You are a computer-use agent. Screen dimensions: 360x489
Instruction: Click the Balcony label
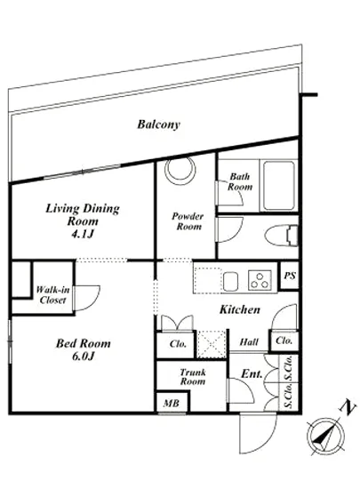pyautogui.click(x=158, y=124)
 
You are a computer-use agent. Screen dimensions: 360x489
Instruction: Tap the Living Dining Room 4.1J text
pyautogui.click(x=83, y=220)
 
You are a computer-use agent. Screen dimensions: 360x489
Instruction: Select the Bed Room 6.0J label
pyautogui.click(x=84, y=349)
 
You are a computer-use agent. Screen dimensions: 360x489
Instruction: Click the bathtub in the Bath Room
pyautogui.click(x=278, y=186)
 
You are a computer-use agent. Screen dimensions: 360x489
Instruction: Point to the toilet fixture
pyautogui.click(x=282, y=236)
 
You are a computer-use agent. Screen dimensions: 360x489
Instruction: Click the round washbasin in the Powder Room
pyautogui.click(x=180, y=169)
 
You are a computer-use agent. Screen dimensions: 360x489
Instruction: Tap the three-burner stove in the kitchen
pyautogui.click(x=260, y=280)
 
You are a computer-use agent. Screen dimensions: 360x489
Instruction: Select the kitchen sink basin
pyautogui.click(x=230, y=281)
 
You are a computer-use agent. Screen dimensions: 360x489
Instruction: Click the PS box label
pyautogui.click(x=290, y=276)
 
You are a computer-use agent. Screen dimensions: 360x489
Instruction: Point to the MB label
pyautogui.click(x=172, y=404)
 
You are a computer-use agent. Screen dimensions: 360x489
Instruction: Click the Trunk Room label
pyautogui.click(x=193, y=377)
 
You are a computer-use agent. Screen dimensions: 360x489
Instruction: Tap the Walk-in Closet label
pyautogui.click(x=52, y=294)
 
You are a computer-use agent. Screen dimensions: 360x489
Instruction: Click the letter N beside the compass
pyautogui.click(x=348, y=407)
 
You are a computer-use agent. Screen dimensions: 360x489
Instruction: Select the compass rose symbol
pyautogui.click(x=325, y=436)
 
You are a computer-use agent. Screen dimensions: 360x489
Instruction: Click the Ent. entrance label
pyautogui.click(x=252, y=374)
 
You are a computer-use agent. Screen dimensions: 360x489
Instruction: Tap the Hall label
pyautogui.click(x=249, y=342)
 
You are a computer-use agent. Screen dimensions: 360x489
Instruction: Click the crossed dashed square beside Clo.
pyautogui.click(x=212, y=344)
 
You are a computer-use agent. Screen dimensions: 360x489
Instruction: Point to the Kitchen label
pyautogui.click(x=240, y=309)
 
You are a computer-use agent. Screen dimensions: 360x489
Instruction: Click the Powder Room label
pyautogui.click(x=188, y=221)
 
